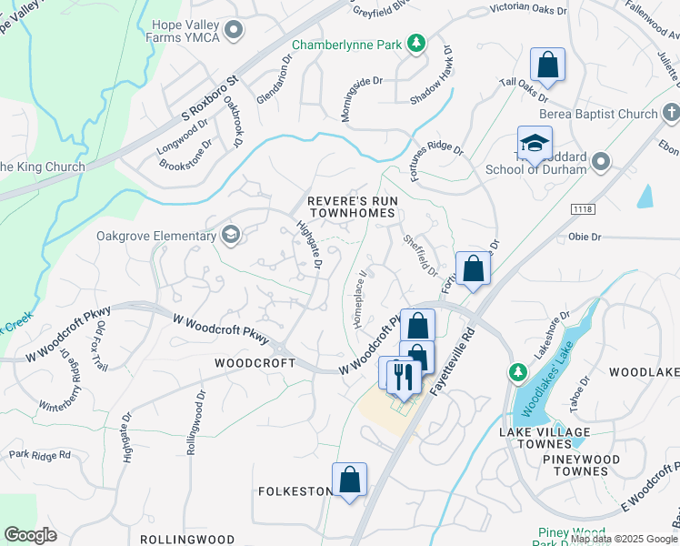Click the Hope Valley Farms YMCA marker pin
click(234, 31)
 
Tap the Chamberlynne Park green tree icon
click(415, 43)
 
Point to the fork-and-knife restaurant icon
click(402, 375)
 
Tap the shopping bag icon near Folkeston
click(349, 479)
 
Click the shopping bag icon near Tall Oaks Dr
click(547, 65)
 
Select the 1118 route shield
click(582, 210)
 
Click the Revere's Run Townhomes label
click(351, 206)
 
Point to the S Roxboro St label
click(209, 96)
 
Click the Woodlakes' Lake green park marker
click(517, 372)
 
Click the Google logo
click(30, 535)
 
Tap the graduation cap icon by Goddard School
click(535, 143)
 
